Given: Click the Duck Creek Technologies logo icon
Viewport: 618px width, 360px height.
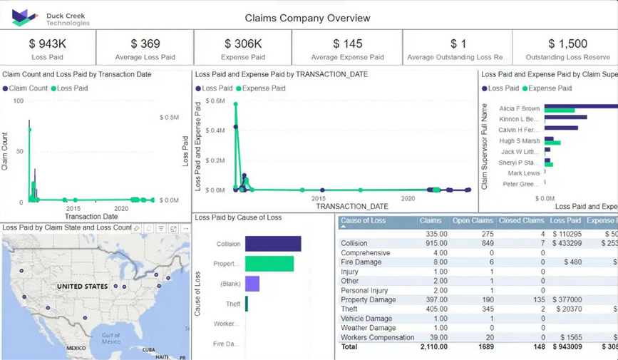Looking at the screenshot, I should [x=24, y=18].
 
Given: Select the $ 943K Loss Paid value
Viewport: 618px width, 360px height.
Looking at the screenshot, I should [x=47, y=44].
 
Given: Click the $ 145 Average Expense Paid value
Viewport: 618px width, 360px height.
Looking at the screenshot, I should [x=347, y=44].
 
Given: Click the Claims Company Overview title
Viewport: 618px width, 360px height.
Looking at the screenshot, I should [x=307, y=18].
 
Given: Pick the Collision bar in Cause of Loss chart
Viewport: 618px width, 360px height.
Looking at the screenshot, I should [x=273, y=244].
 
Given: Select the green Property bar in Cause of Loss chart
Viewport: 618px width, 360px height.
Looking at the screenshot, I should [x=269, y=264].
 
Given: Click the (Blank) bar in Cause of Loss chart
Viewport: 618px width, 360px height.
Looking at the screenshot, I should [x=252, y=284].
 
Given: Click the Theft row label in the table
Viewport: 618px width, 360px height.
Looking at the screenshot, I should [x=349, y=309].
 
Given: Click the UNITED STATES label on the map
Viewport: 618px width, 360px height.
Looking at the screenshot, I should [x=83, y=287].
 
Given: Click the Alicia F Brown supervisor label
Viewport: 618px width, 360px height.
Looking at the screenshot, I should [x=519, y=108].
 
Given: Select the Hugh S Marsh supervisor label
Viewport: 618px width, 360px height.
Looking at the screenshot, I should [x=519, y=141].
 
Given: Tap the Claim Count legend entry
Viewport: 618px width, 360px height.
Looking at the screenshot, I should [x=26, y=88].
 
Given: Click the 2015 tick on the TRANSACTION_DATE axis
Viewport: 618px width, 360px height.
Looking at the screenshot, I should [x=318, y=199].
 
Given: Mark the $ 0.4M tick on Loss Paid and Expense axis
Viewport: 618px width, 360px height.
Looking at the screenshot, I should [x=215, y=130].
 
